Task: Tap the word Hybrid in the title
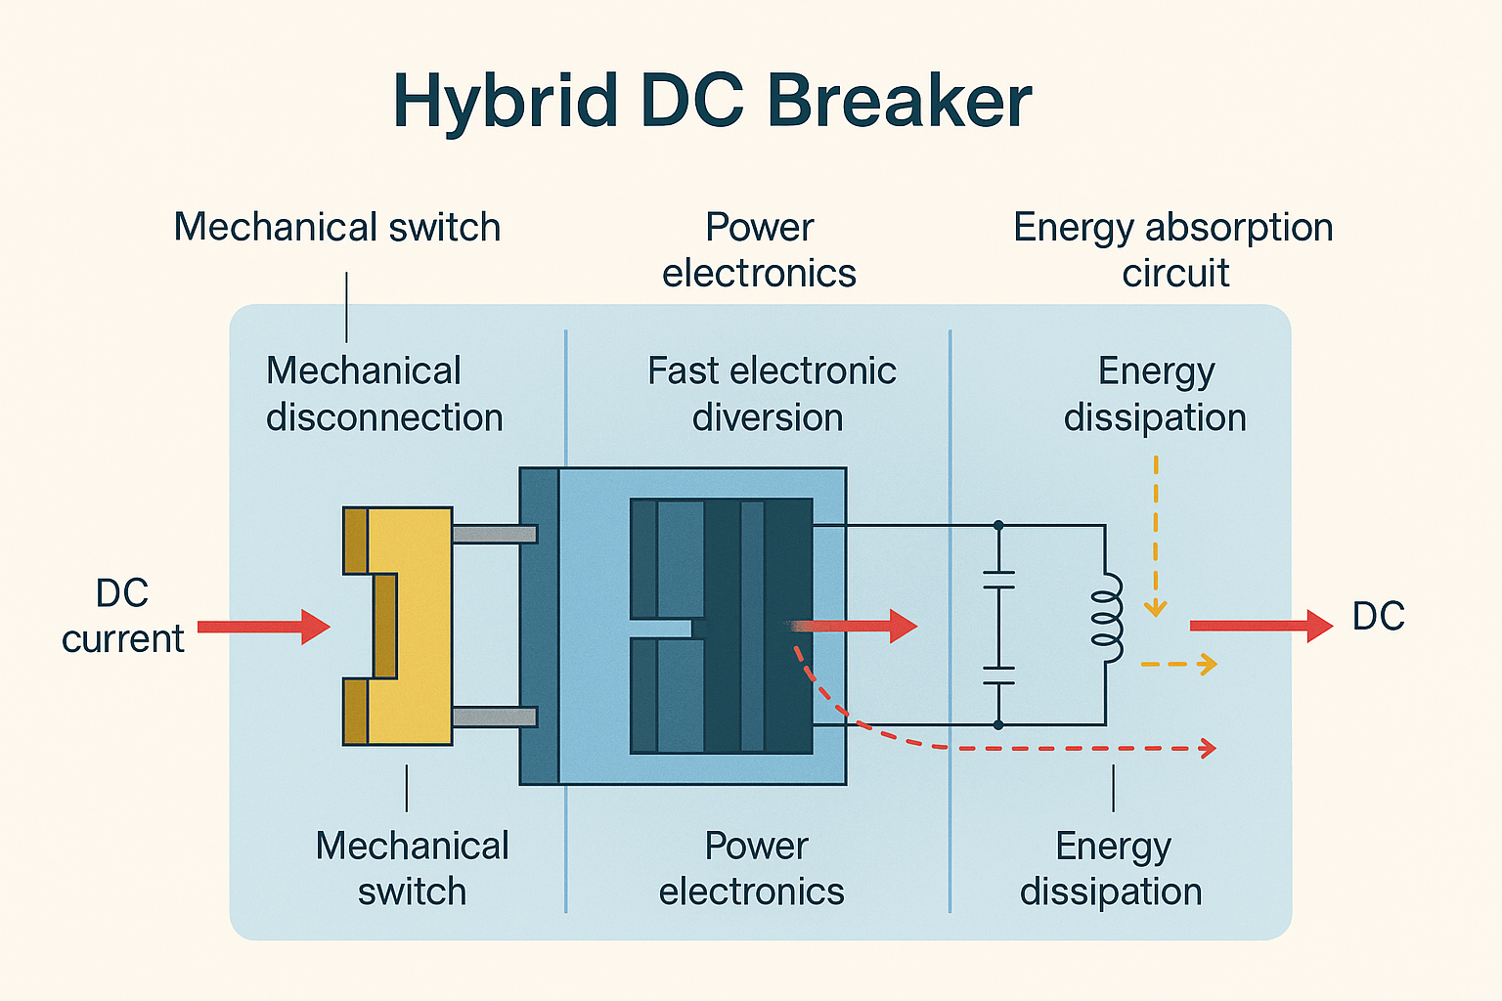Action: [505, 101]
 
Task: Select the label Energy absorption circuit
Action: [1173, 249]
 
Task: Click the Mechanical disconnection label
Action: [384, 394]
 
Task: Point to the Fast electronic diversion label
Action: [771, 394]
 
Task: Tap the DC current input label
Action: [122, 616]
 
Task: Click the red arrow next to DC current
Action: [263, 627]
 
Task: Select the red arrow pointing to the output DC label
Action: [1260, 626]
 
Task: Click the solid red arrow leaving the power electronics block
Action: [856, 626]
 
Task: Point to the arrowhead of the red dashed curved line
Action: [1209, 749]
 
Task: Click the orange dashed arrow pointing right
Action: [1179, 665]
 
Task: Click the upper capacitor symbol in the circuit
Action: [998, 580]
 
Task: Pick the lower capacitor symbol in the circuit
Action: [998, 675]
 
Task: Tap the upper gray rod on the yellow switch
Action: [494, 534]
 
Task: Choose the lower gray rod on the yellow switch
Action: [494, 717]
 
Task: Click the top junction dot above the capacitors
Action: [998, 526]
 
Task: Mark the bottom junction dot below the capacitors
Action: [998, 724]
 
